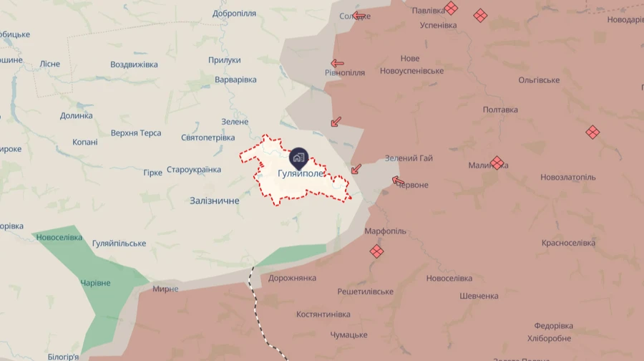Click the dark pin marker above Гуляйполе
click(x=298, y=156)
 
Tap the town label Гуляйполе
click(x=301, y=174)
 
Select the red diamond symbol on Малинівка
click(x=497, y=163)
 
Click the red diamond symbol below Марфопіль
click(x=376, y=251)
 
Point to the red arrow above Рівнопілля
click(x=337, y=63)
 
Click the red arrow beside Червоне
click(x=398, y=180)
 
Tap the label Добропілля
click(x=235, y=14)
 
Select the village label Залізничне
click(x=215, y=201)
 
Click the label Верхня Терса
click(x=136, y=133)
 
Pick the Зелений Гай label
click(x=409, y=158)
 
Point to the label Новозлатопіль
click(x=568, y=177)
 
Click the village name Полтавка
click(x=500, y=110)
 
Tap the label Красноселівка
click(x=568, y=244)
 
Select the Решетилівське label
click(x=366, y=292)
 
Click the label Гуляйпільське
click(x=119, y=244)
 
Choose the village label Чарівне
click(x=95, y=283)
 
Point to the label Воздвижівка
click(x=134, y=64)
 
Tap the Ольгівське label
click(x=539, y=80)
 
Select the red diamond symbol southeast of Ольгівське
click(x=592, y=132)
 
